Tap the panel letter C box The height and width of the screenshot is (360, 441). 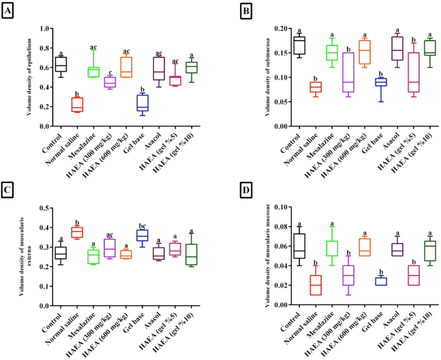[9, 191]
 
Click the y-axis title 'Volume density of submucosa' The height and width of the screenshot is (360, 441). [249, 77]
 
